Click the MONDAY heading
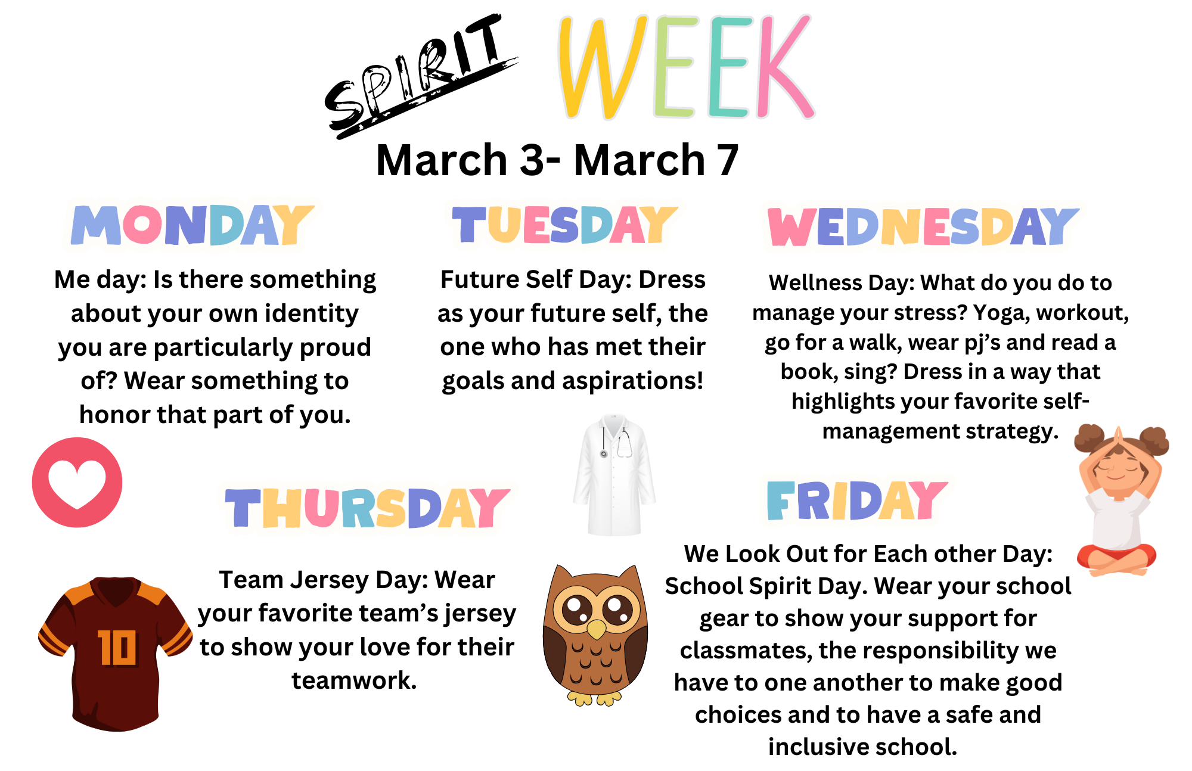[192, 225]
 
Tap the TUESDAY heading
[564, 225]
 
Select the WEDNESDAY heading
[923, 226]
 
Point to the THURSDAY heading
[367, 508]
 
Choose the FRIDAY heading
[856, 500]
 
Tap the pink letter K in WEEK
[784, 66]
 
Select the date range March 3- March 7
[557, 160]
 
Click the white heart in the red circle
[77, 484]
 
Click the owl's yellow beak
[596, 629]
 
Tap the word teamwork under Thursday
[354, 680]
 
